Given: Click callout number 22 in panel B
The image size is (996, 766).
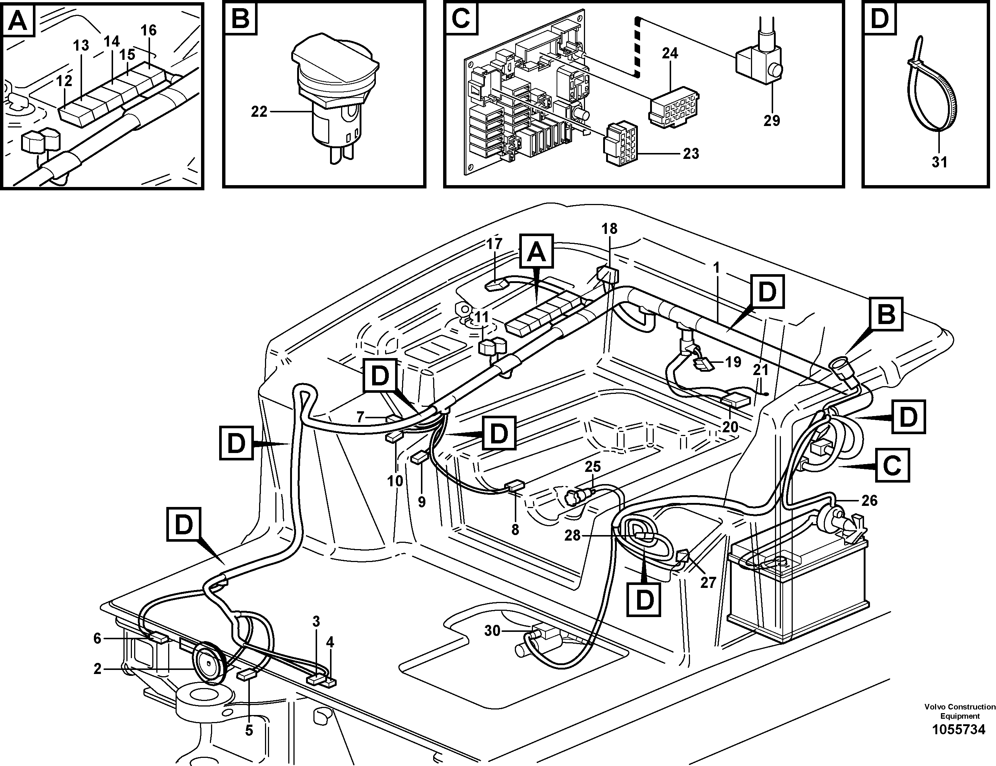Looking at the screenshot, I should coord(259,112).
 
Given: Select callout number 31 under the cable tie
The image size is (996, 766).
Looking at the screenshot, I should coord(939,162).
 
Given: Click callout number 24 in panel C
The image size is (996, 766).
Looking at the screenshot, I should coord(670,53).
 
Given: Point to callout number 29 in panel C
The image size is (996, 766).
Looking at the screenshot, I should coord(772,121).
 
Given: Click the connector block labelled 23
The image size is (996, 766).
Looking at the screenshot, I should coord(620,145).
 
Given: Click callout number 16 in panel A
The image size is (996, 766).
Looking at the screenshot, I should coord(148,31).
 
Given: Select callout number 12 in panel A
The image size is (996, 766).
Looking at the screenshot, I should coord(64,81).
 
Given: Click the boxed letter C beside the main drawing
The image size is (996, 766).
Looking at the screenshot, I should coord(892,465).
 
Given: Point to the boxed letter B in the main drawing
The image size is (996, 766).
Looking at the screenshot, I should coord(886,314).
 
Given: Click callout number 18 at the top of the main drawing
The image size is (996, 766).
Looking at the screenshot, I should coord(609,228).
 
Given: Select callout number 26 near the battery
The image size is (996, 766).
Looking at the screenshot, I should coord(869,501).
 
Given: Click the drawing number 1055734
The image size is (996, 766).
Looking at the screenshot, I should coord(959,742).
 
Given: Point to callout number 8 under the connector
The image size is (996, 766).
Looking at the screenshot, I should coord(515,530).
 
